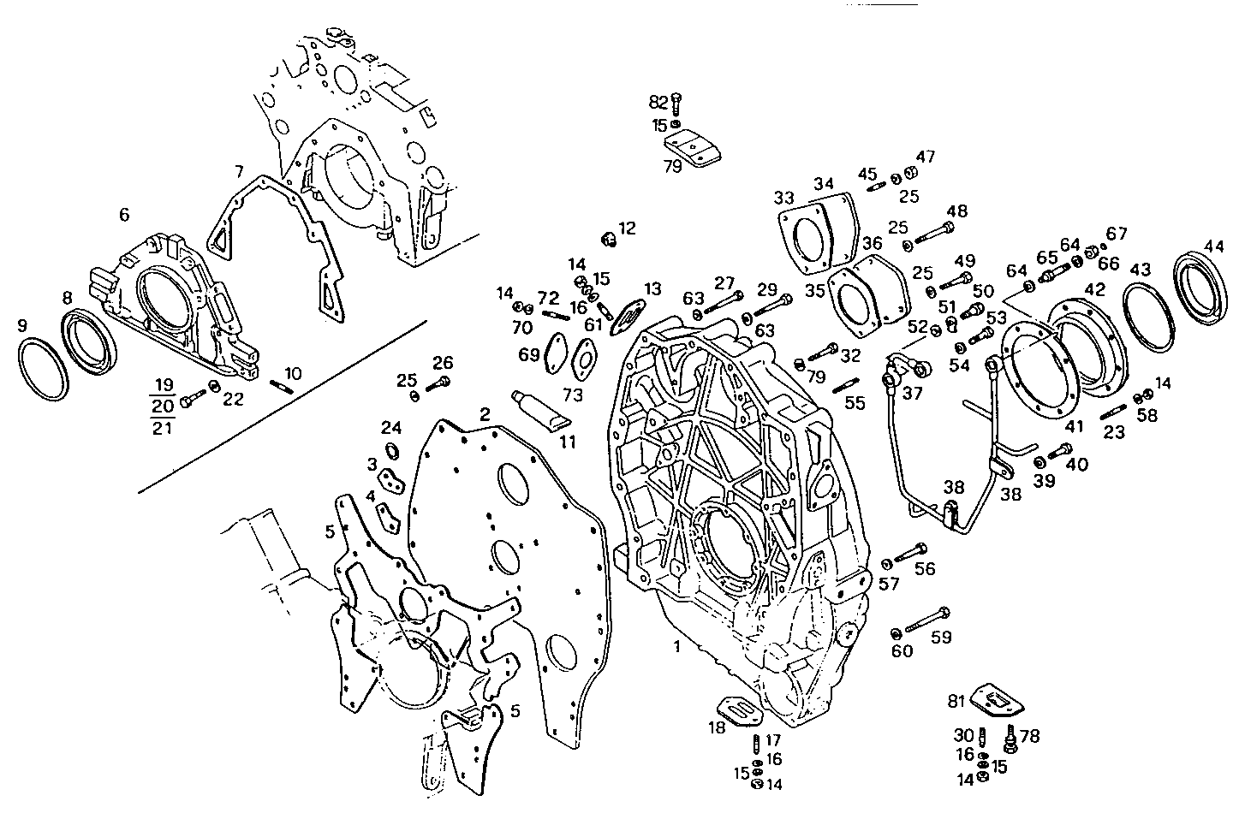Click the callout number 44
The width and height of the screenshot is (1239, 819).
(1213, 246)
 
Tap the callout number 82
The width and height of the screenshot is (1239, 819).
(658, 102)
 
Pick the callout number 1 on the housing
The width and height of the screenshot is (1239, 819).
(676, 647)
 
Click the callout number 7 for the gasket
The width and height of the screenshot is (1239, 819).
(239, 172)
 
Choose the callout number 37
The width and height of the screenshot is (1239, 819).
(913, 393)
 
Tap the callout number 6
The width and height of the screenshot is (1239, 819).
(124, 214)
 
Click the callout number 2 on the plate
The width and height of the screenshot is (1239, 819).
(485, 415)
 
